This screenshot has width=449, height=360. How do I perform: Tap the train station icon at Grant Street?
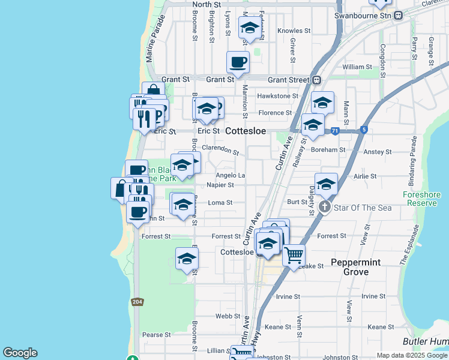click(316, 79)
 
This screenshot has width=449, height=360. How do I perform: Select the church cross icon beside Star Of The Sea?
click(324, 208)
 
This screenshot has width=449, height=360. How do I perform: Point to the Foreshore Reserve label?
click(421, 199)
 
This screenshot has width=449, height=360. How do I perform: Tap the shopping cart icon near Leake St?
click(293, 255)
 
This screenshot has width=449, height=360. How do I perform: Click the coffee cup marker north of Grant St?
click(238, 62)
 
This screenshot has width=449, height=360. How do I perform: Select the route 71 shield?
click(335, 130)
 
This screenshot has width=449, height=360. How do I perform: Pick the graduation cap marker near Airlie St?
click(326, 184)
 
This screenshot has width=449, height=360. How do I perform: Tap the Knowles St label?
click(294, 31)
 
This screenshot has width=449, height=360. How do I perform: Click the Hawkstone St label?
click(277, 96)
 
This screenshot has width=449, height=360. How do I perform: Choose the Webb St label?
click(228, 316)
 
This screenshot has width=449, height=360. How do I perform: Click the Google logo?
click(20, 353)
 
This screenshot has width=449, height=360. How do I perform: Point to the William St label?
click(357, 67)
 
